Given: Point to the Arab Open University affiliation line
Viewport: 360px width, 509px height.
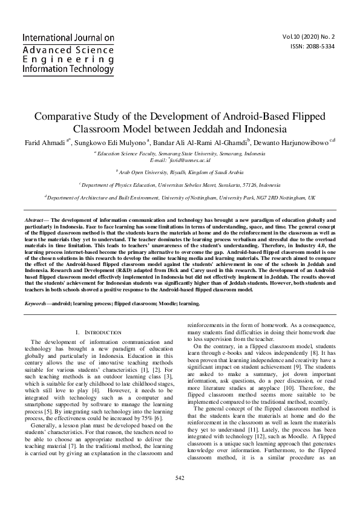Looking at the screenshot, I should click(180, 172).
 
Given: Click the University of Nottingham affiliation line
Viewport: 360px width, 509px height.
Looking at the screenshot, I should click(180, 198).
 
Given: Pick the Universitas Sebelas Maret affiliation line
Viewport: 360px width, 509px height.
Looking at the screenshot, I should click(180, 185).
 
